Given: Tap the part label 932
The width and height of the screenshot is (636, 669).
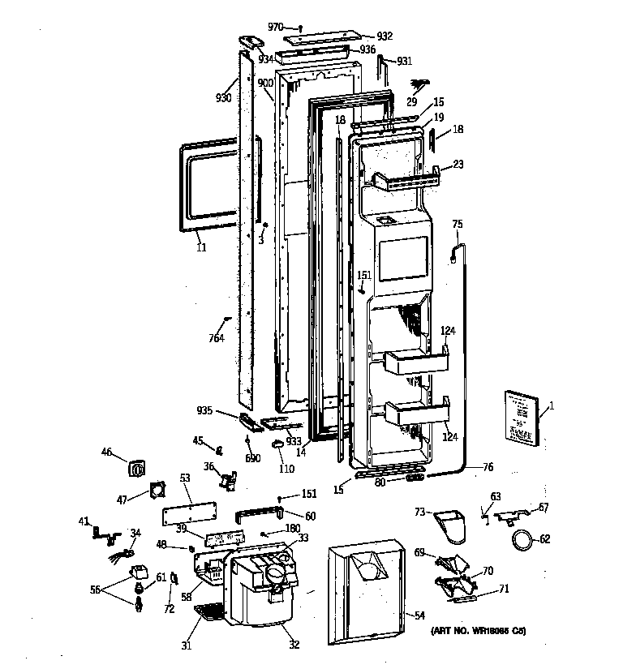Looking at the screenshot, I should coord(384,36).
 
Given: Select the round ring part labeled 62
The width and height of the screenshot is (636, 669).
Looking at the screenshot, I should coord(524,538).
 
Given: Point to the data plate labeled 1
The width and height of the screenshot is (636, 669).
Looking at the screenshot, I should coord(518,417).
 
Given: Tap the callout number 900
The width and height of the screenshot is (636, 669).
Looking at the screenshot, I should coord(265,84).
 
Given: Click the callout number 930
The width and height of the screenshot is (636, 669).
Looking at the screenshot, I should coord(224,97).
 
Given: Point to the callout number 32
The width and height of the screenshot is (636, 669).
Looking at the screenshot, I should coord(294,645).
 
